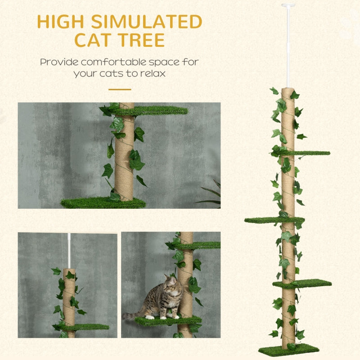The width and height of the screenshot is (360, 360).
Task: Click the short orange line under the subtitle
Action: [119, 89]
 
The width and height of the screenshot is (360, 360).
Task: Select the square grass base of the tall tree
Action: [288, 350]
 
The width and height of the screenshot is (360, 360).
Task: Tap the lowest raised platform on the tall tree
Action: [306, 283]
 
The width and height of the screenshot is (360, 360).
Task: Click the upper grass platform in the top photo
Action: [157, 110]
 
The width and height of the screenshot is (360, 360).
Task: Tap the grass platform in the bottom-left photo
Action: [88, 327]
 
